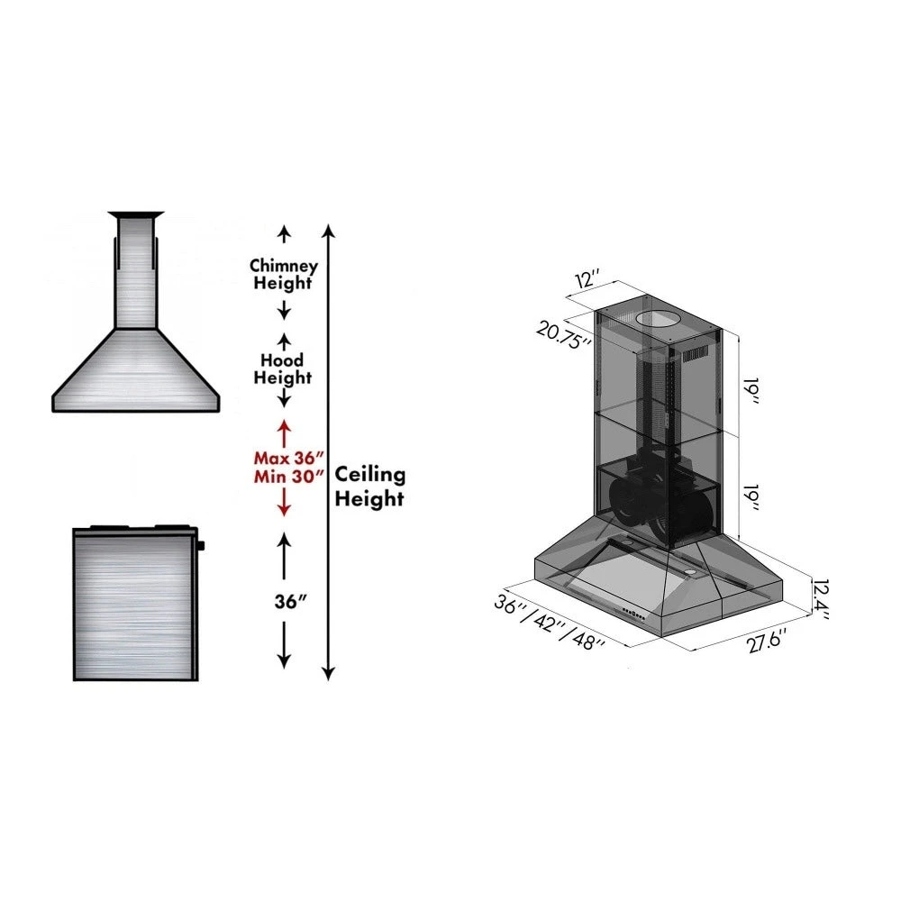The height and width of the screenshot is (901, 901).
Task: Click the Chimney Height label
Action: pyautogui.click(x=283, y=274)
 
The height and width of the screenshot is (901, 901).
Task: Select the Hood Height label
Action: pyautogui.click(x=282, y=369)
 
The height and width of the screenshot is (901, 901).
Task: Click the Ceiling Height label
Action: pyautogui.click(x=370, y=487)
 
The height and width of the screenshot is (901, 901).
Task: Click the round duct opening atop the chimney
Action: pyautogui.click(x=656, y=320)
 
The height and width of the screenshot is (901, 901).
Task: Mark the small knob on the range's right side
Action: pyautogui.click(x=202, y=544)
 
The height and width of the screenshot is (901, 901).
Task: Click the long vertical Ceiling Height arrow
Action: pyautogui.click(x=329, y=450)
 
